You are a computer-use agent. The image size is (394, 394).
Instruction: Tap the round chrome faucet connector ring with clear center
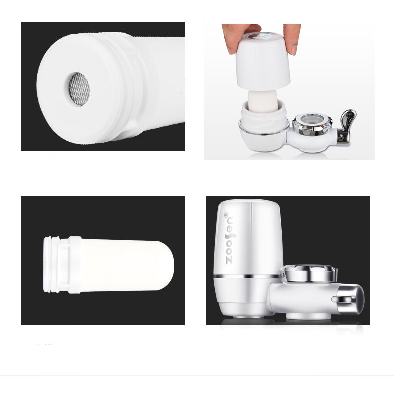coord(313,123)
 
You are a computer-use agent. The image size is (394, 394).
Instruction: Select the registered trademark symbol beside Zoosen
coord(226,215)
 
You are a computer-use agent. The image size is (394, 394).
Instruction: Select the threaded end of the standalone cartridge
coord(51,265)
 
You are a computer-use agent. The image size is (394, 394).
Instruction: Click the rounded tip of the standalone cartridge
coord(166,266)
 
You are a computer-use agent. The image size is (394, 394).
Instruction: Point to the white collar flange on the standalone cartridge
coord(75,265)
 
